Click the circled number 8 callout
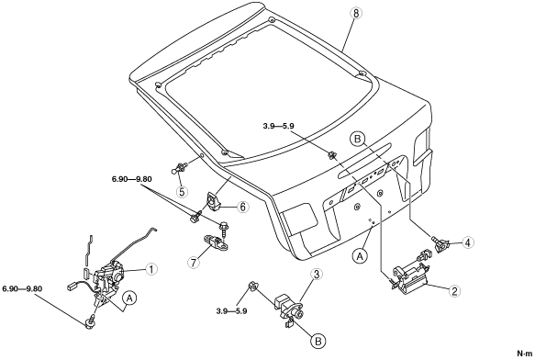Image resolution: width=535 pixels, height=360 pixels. (x=356, y=14)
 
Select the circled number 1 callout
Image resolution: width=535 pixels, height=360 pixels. (x=150, y=269)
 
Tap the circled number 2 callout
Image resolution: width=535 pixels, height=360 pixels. (x=454, y=291)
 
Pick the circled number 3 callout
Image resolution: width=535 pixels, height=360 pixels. (x=317, y=274)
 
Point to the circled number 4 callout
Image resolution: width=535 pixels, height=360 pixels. (x=468, y=242)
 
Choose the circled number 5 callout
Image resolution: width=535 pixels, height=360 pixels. (x=183, y=192)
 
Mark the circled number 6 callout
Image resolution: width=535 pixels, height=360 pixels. (x=242, y=207)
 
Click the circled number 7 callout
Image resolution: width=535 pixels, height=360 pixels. (x=194, y=263)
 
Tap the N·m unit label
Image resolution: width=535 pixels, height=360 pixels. (x=525, y=354)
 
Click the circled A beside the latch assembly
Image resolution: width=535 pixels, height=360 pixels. (x=129, y=298)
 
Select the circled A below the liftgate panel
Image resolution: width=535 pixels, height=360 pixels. (x=360, y=256)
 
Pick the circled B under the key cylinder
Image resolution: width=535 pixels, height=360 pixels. (x=318, y=341)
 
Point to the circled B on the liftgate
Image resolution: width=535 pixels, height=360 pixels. (x=357, y=140)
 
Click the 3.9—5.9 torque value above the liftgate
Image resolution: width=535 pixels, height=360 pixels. (x=278, y=126)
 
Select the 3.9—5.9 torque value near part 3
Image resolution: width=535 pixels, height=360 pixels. (x=231, y=311)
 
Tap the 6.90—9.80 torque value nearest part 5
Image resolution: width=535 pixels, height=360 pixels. (x=132, y=179)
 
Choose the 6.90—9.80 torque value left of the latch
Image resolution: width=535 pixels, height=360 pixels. (x=22, y=288)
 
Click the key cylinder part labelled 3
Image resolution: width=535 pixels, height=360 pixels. (x=290, y=308)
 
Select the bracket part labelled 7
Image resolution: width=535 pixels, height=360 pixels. (x=217, y=242)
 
